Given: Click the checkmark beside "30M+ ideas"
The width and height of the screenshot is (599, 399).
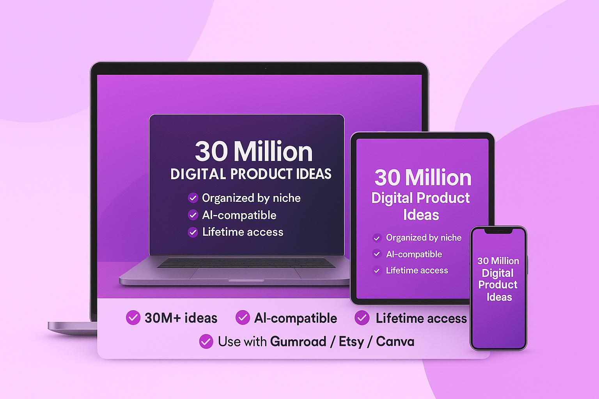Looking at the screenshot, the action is tap(133, 318).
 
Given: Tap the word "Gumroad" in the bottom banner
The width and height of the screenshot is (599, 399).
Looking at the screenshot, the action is tap(298, 342).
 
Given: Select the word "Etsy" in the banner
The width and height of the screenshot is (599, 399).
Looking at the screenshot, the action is tap(351, 342).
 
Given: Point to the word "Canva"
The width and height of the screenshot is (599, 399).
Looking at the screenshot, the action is tap(395, 342).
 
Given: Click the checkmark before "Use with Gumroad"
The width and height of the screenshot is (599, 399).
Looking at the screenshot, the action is tap(206, 341).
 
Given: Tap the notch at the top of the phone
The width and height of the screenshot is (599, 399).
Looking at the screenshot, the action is tap(498, 231).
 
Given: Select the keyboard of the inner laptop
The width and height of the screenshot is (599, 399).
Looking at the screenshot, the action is tap(246, 263).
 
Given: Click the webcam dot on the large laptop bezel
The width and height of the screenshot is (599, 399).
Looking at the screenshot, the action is tap(266, 69).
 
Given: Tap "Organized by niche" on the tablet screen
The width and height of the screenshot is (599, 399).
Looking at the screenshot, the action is tap(424, 238).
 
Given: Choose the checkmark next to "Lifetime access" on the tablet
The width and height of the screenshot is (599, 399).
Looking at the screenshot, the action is tap(377, 271).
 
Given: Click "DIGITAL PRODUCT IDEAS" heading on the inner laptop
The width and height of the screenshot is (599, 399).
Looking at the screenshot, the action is tap(251, 174).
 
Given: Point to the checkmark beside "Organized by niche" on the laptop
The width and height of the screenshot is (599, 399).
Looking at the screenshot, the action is tap(193, 198).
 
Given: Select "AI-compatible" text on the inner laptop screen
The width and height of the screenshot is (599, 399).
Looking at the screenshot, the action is tap(239, 215).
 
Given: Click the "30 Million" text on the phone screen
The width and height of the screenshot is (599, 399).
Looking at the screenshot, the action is tap(498, 261).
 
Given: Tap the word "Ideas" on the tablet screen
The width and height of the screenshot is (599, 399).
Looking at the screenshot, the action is tap(421, 215).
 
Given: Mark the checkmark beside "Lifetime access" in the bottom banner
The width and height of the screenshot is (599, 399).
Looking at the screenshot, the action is tap(362, 318).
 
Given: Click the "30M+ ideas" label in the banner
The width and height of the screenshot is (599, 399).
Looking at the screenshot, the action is tap(181, 318).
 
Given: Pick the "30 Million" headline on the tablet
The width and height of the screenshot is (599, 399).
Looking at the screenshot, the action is tap(423, 178).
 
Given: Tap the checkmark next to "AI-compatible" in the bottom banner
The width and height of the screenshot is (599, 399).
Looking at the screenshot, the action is tap(243, 318).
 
